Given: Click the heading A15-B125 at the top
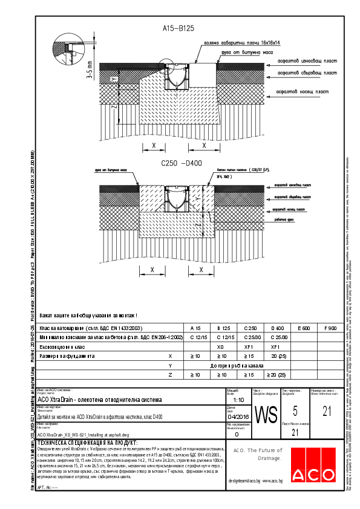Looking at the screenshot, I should click(180, 28).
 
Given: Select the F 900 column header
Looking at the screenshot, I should click(330, 328).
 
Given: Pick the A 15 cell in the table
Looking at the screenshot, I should click(195, 328).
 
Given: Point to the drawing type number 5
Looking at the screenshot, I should click(295, 412).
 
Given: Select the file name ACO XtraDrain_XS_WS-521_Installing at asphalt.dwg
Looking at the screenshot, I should click(83, 435).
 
